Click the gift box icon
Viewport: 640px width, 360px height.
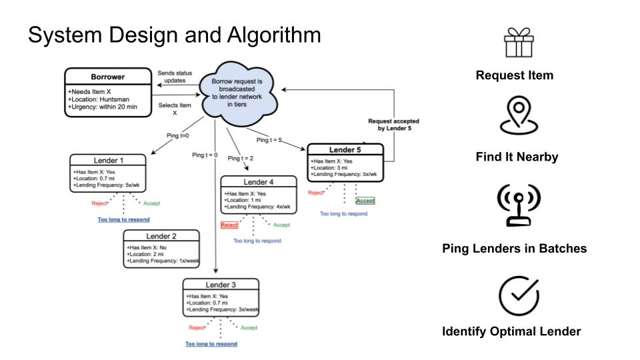tap(514, 43)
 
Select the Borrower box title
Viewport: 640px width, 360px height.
tap(108, 77)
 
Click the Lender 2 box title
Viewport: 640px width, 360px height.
tap(161, 236)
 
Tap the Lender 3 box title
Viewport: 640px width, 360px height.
tap(221, 285)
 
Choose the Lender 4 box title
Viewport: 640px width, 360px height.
tap(258, 182)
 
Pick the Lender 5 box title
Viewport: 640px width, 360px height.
tap(345, 150)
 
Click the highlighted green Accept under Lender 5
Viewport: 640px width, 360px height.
tap(365, 201)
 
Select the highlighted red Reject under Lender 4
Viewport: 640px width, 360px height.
tap(229, 225)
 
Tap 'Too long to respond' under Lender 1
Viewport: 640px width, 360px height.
tap(123, 219)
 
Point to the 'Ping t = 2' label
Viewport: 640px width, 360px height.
tap(241, 158)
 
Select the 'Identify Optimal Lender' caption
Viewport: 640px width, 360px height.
tap(511, 331)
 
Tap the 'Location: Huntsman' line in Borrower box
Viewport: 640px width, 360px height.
tap(99, 99)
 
